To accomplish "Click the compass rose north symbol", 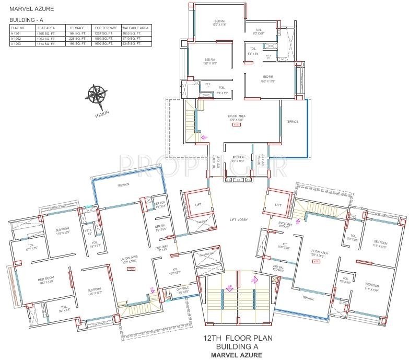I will (x=97, y=95).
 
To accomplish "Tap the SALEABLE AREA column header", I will (x=135, y=28).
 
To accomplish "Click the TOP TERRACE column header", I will (x=106, y=28).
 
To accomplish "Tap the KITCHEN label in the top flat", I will (x=238, y=158).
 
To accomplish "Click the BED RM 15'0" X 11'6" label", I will (x=219, y=23).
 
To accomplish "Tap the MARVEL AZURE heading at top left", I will (x=31, y=9).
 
